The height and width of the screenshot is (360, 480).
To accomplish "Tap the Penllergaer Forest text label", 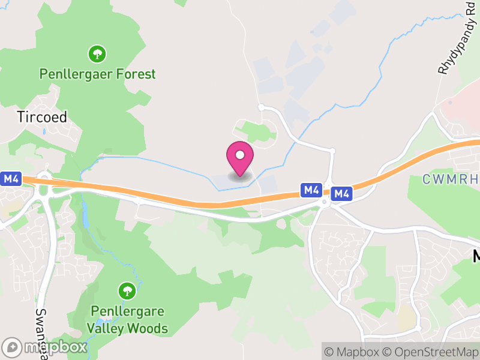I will (x=97, y=74).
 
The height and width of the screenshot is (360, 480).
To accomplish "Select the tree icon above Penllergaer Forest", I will (x=97, y=54).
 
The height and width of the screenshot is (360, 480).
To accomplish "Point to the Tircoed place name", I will (x=42, y=116).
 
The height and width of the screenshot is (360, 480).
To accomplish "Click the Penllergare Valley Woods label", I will (x=127, y=320).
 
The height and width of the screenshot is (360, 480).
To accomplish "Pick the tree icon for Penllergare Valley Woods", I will (x=127, y=292).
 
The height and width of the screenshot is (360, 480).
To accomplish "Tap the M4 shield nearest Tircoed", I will (x=11, y=179).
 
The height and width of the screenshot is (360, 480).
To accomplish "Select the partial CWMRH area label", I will (x=450, y=179).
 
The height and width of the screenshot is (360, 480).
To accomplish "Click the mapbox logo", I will (x=45, y=347).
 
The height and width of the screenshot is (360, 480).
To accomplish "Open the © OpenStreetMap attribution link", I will (x=429, y=352).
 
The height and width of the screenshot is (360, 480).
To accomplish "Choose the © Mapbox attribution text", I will (x=354, y=352).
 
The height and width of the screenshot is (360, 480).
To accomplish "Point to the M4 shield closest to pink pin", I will (x=311, y=190).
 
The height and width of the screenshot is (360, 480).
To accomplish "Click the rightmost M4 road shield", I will (x=341, y=193).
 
